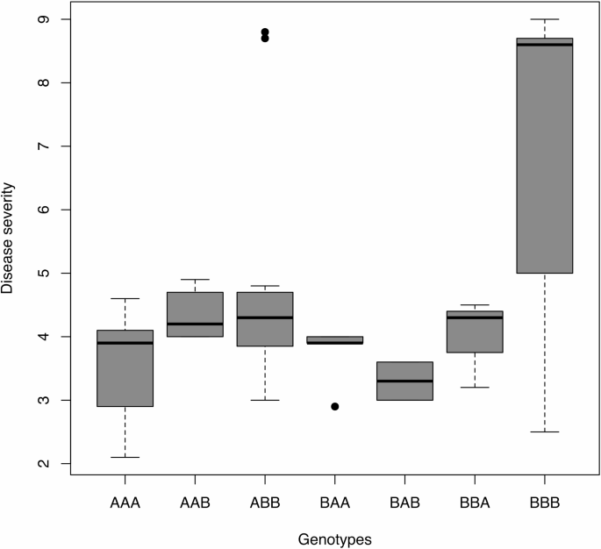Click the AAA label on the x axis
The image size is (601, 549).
tap(125, 505)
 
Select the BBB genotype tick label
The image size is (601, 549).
tap(545, 505)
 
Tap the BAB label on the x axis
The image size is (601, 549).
tap(404, 505)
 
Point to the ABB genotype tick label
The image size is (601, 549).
tap(265, 505)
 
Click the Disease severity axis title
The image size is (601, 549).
tap(11, 241)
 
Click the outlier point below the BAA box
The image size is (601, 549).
tap(335, 407)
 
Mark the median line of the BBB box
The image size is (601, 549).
tap(545, 45)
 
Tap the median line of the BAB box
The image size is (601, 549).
tap(404, 381)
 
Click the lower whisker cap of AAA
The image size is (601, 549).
tap(125, 457)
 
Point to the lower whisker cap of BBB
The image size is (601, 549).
tap(545, 431)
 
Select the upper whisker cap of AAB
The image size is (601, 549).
tap(195, 280)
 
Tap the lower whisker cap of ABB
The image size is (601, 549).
tap(265, 400)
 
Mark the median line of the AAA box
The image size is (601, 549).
tap(125, 343)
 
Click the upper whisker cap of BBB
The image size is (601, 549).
tap(545, 19)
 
